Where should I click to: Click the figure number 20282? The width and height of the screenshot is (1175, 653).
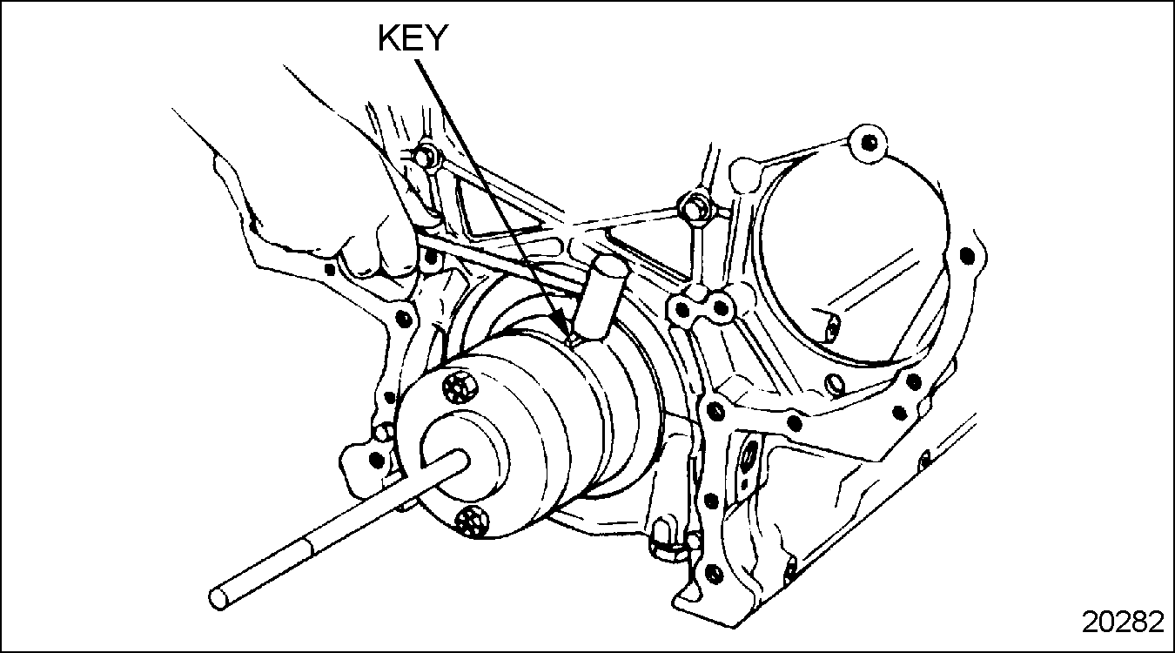click(1122, 622)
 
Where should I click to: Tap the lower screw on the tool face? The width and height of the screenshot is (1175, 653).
click(472, 520)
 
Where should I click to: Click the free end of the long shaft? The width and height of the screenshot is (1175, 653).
click(219, 600)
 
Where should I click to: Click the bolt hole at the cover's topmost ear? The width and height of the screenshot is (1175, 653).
click(866, 138)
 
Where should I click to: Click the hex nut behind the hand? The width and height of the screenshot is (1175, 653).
click(426, 157)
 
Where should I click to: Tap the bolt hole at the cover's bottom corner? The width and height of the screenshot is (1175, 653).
click(713, 573)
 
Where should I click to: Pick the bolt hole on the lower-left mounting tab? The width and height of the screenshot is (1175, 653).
click(376, 458)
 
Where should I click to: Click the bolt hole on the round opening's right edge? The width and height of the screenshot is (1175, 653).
click(966, 255)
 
